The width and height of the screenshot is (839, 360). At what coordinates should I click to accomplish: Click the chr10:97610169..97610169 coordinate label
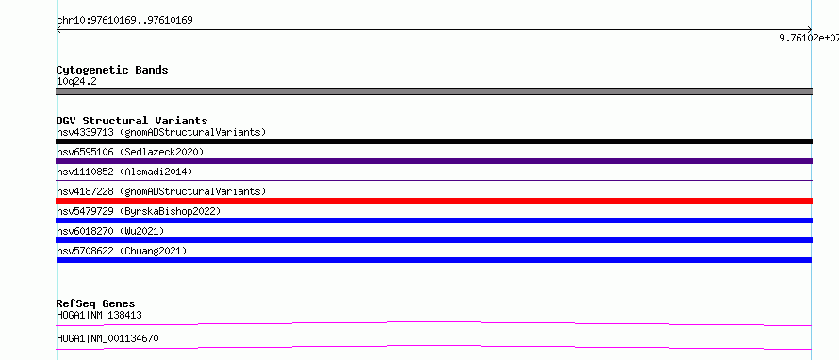(124, 21)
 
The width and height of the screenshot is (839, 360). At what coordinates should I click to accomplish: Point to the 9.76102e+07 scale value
(809, 38)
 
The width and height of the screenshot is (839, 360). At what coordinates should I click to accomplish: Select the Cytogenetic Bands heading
(112, 70)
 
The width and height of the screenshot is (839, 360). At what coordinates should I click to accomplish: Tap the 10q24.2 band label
(76, 82)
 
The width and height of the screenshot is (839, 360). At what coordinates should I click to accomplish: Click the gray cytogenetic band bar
(434, 91)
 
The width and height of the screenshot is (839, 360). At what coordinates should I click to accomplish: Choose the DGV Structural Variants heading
(132, 121)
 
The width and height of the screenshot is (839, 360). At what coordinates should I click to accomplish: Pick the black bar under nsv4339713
(434, 141)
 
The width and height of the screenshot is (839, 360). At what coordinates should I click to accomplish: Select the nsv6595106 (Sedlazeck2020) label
(130, 152)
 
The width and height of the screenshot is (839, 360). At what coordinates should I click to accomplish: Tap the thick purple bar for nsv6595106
(434, 161)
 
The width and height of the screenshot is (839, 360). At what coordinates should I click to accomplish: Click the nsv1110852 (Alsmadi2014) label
(124, 172)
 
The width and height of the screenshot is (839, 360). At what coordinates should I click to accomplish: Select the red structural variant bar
(434, 201)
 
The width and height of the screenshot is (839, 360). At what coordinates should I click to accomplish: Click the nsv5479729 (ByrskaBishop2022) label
(139, 211)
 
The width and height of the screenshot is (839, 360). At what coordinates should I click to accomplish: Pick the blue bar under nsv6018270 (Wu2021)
(434, 240)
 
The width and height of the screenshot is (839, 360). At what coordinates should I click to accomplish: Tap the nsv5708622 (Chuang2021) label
(122, 251)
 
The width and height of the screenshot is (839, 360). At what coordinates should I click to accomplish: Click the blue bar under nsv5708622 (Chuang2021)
(434, 260)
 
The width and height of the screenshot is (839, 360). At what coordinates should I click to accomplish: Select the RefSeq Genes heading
(96, 303)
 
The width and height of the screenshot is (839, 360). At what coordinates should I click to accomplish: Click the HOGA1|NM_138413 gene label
(99, 315)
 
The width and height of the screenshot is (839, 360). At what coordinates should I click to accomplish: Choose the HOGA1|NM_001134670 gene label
(107, 338)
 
